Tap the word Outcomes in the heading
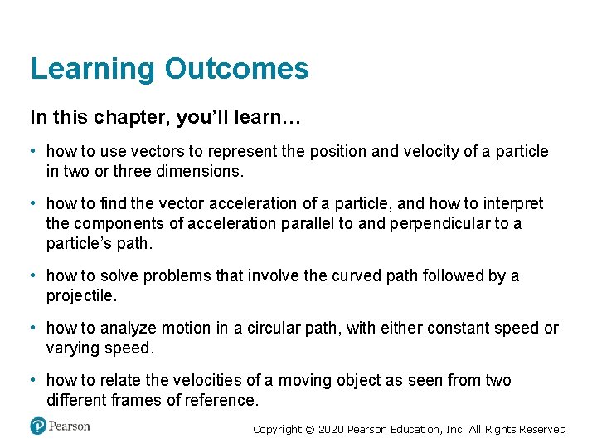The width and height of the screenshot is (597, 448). [x=236, y=69]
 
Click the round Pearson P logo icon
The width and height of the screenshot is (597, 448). [x=37, y=426]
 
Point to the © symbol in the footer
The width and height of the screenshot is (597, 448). [x=311, y=430]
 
